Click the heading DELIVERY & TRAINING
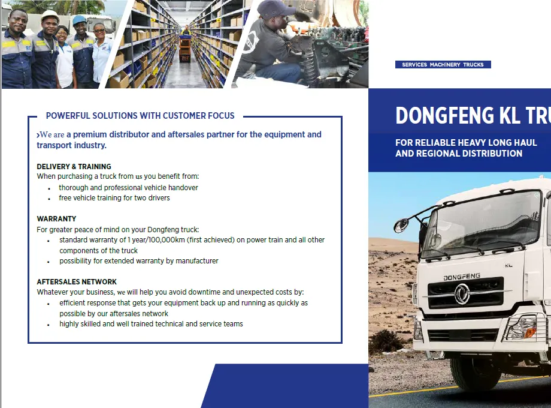[74, 167]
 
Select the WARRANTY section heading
[56, 218]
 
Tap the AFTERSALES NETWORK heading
[77, 281]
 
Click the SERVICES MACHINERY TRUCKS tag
[443, 64]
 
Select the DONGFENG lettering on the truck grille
[462, 277]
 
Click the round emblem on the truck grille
[462, 293]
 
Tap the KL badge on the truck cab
[508, 265]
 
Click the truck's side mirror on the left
[401, 225]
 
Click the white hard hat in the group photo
[49, 14]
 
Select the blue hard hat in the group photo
[80, 20]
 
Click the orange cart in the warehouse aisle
[185, 49]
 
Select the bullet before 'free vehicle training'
[49, 199]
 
